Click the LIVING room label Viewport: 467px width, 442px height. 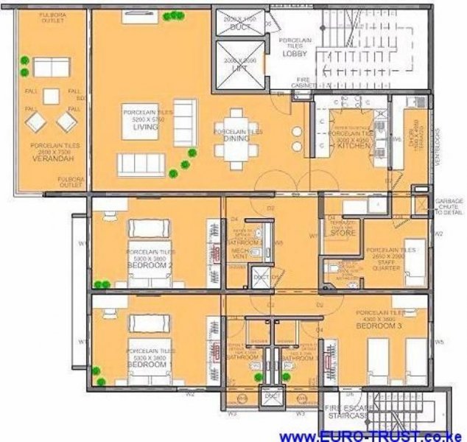141,127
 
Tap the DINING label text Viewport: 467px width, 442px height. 239,138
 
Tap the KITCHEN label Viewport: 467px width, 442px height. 352,148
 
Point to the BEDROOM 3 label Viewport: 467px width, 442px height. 379,325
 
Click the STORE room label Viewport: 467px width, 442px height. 343,234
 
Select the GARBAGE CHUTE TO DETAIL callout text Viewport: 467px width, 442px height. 449,206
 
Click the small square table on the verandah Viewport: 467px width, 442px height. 51,96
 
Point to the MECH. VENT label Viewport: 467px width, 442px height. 239,254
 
